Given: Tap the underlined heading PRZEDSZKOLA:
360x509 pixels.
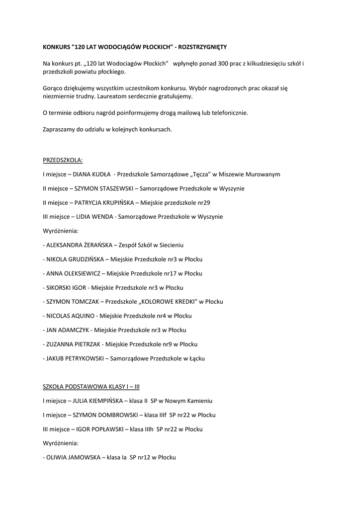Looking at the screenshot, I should (x=63, y=160).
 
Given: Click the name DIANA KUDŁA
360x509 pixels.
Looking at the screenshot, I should (x=92, y=174).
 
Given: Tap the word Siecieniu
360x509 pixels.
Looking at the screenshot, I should (x=171, y=245).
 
